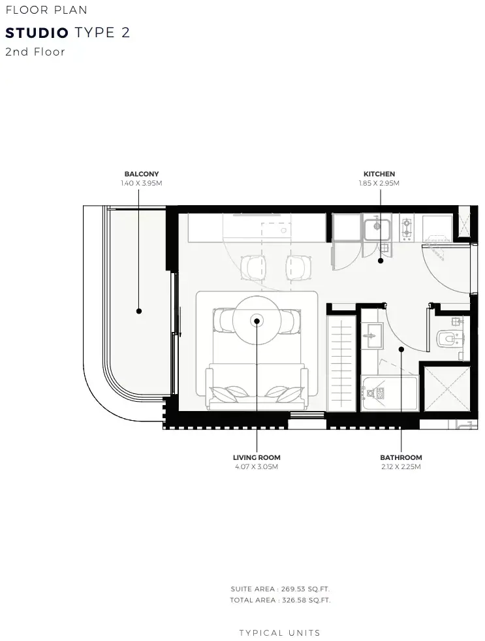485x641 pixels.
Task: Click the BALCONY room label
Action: [x=142, y=174]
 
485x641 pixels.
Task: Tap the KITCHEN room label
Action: [x=379, y=174]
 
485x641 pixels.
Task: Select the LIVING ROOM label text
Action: [x=257, y=458]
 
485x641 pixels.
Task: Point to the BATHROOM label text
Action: [x=401, y=458]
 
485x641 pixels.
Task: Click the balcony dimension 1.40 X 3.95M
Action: [x=142, y=183]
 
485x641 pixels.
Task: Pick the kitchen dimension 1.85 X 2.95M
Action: [x=379, y=183]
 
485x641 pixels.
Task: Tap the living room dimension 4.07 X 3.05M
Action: [x=257, y=467]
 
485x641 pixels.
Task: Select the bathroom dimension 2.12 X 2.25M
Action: [x=401, y=467]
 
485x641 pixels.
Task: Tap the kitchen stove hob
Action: [x=407, y=227]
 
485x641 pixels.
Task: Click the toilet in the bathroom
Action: [x=448, y=338]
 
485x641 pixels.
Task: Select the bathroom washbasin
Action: [x=372, y=336]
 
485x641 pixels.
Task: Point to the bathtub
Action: [x=390, y=393]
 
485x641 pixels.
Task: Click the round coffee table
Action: [x=257, y=321]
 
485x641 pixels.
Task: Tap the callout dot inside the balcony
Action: [x=139, y=311]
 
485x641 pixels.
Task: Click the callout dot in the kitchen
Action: [x=381, y=261]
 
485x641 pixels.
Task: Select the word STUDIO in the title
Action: [x=37, y=33]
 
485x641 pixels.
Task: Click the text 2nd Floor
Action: [x=35, y=52]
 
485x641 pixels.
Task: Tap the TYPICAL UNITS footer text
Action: [x=280, y=633]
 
